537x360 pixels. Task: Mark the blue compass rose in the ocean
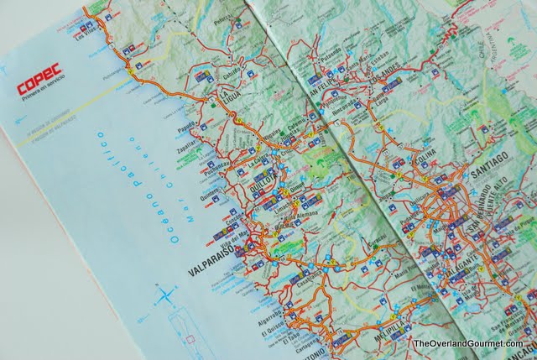click(x=166, y=294)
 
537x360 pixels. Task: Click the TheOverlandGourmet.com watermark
click(x=467, y=343)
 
